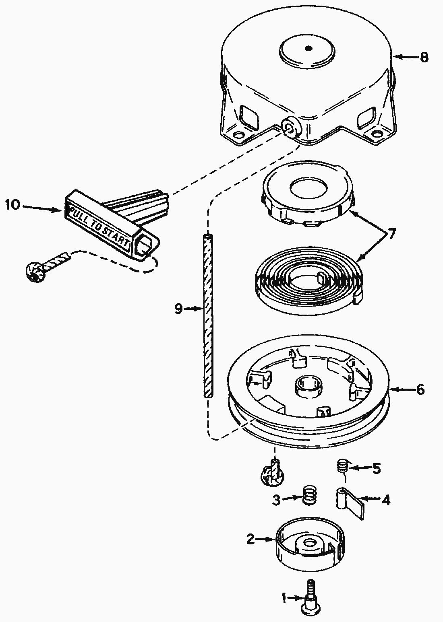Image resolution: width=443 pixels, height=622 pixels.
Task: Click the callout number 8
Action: pos(424,58)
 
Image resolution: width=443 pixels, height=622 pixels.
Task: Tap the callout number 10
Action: pos(12,205)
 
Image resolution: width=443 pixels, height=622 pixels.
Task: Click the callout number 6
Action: pos(420,389)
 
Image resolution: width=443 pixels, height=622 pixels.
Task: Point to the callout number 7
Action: pos(391,234)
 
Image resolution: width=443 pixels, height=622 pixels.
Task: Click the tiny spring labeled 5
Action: pos(342,468)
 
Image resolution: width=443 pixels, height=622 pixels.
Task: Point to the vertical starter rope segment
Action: pos(207,314)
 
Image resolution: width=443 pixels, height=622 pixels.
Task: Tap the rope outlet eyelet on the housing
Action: pos(289,128)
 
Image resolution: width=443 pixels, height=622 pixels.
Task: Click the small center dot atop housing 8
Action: pos(308,49)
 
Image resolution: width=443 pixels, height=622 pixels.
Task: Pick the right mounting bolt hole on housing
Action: pos(377,133)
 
